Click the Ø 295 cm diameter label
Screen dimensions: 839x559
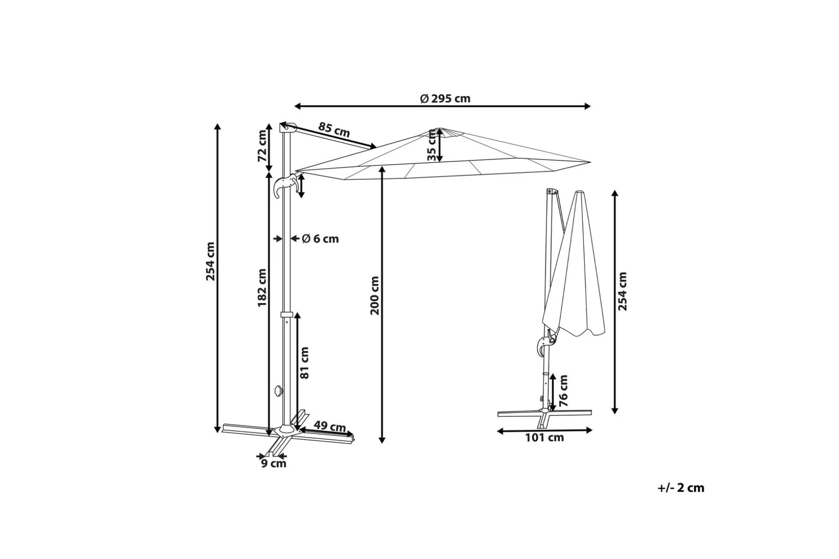coord(445,98)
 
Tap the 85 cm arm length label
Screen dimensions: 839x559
coord(334,129)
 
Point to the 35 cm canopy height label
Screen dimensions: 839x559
coord(432,145)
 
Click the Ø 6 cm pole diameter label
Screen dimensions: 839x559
coord(320,238)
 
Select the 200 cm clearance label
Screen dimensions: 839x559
coord(375,295)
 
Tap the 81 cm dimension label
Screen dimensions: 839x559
coord(305,362)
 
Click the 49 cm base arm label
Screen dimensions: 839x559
coord(330,426)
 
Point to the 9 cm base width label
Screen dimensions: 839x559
coord(274,463)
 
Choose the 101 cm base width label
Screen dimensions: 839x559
coord(544,437)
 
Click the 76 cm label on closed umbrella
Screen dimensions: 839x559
coord(563,390)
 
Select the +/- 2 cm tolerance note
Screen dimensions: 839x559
coord(681,488)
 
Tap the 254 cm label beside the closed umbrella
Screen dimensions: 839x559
coord(623,291)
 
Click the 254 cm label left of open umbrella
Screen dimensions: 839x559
coord(211,261)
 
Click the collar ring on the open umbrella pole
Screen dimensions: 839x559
coord(286,315)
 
